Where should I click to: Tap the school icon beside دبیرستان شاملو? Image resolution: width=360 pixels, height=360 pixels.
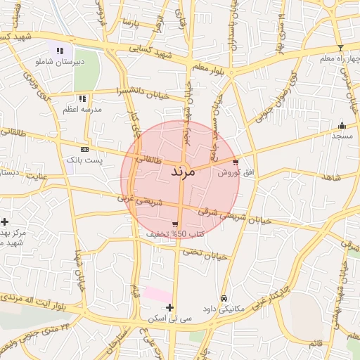[x=60, y=51]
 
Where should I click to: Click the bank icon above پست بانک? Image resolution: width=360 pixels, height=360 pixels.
[x=85, y=149]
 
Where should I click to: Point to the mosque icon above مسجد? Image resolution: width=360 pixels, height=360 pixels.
[x=342, y=124]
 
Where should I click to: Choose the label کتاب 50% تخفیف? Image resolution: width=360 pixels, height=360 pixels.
[x=175, y=233]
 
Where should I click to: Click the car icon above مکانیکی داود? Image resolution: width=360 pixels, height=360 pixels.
[x=224, y=298]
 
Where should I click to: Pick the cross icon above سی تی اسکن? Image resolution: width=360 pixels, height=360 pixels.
[x=169, y=307]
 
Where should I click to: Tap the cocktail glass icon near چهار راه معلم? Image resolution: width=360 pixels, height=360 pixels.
[x=341, y=48]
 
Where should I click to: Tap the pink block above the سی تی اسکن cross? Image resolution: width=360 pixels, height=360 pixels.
[x=157, y=294]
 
